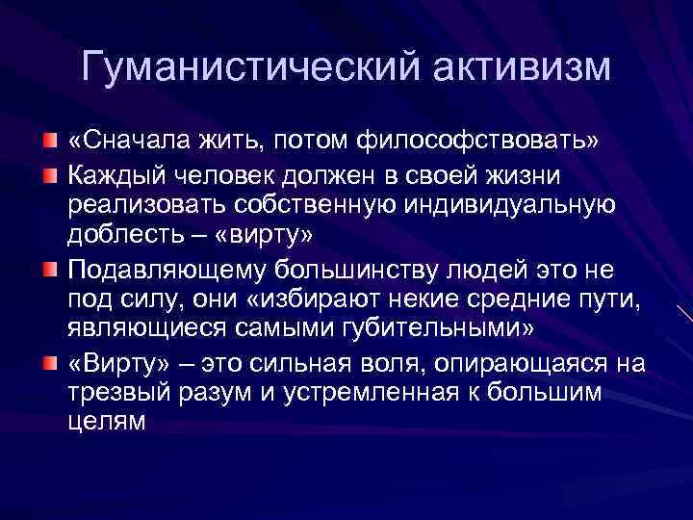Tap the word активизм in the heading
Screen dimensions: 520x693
pyautogui.click(x=511, y=67)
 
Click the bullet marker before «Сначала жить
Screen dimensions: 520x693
pyautogui.click(x=49, y=142)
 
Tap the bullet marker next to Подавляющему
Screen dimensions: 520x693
pyautogui.click(x=49, y=267)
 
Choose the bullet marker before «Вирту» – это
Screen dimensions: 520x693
pyautogui.click(x=49, y=363)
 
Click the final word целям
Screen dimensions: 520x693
pyautogui.click(x=106, y=422)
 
